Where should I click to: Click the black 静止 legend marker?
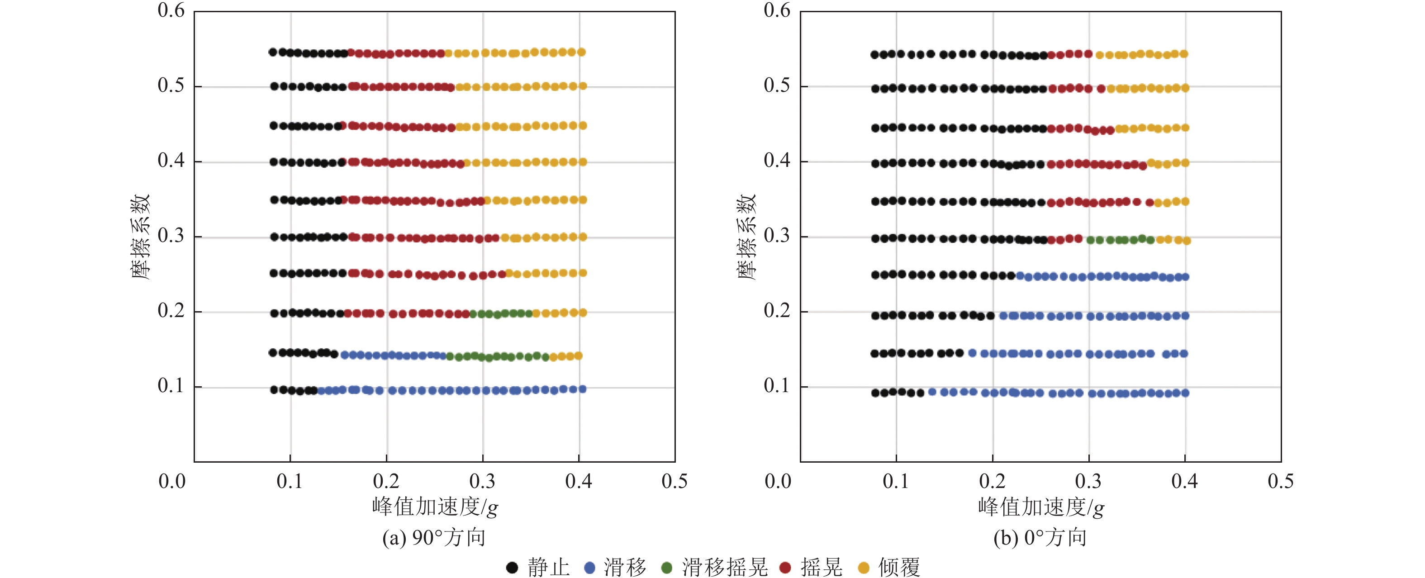[x=512, y=568]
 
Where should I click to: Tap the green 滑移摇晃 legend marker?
[x=667, y=568]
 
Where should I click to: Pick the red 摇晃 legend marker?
[x=785, y=568]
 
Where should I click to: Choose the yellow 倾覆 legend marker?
[x=863, y=568]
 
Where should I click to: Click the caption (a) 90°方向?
[x=434, y=538]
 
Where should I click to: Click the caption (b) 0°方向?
[x=1040, y=538]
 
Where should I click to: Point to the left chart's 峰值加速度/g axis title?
[x=435, y=507]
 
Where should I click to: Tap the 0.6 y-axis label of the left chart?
[x=171, y=10]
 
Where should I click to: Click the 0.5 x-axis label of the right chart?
[x=1281, y=481]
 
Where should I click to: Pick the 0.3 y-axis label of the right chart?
[x=777, y=236]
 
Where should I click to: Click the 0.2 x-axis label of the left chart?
[x=386, y=481]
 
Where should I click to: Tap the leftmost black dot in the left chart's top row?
[x=273, y=52]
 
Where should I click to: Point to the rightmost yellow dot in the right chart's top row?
[x=1184, y=54]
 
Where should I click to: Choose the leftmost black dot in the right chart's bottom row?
[x=875, y=393]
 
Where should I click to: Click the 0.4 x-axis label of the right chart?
[x=1184, y=481]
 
